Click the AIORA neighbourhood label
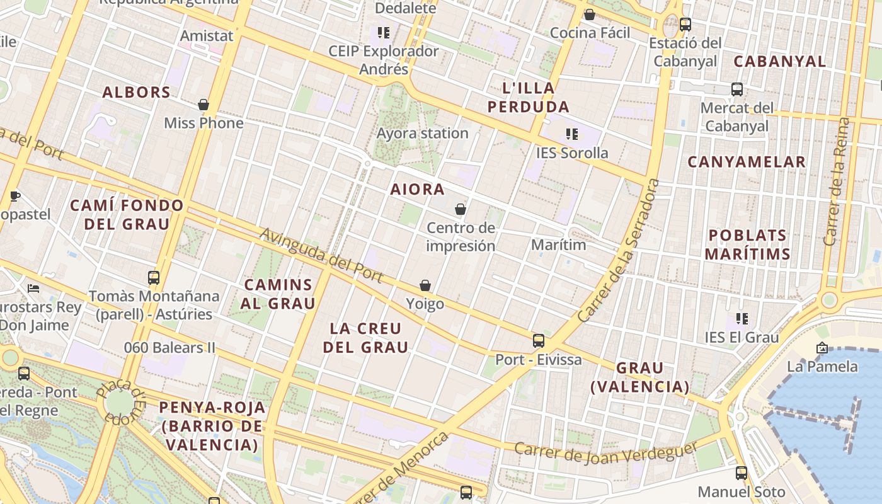click(417, 189)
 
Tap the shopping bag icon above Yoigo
click(425, 285)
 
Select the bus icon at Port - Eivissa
click(538, 341)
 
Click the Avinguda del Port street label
click(321, 255)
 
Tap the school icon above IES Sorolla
click(572, 134)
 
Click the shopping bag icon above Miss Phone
click(203, 105)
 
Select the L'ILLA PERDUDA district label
click(529, 97)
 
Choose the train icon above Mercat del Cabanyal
click(737, 89)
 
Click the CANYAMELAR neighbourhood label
click(747, 162)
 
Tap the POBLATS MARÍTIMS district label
click(747, 244)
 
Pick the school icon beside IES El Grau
click(742, 319)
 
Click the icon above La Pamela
click(822, 348)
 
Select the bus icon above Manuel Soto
click(742, 473)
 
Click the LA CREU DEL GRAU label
click(365, 337)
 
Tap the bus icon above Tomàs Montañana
click(154, 277)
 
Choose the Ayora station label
click(422, 133)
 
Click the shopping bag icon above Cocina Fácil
click(590, 14)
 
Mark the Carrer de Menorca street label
click(403, 469)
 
